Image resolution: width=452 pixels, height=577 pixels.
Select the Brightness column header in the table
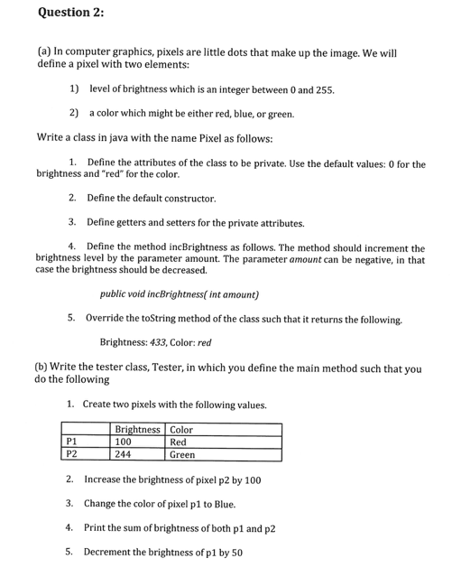138,429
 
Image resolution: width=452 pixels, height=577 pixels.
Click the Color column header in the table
181,429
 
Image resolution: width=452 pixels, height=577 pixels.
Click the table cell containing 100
124,442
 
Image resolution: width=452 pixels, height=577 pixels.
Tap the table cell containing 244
124,455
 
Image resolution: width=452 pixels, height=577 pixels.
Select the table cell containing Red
179,442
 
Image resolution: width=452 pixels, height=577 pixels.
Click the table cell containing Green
182,455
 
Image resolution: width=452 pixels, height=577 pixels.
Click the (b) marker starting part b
42,368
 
